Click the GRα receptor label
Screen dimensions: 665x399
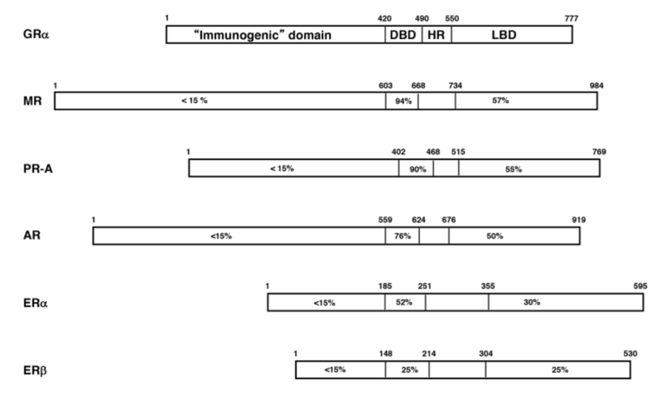click(x=36, y=34)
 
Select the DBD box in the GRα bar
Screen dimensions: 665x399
click(x=404, y=35)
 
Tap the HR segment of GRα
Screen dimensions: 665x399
click(x=436, y=35)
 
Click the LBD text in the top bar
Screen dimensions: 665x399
click(x=504, y=35)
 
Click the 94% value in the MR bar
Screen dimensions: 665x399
click(x=404, y=101)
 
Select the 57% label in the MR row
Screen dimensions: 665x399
click(x=500, y=100)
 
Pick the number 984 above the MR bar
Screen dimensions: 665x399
click(x=597, y=86)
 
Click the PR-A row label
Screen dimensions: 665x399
click(x=38, y=169)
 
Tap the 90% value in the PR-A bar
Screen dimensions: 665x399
click(x=417, y=169)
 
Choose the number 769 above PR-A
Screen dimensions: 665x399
click(x=599, y=151)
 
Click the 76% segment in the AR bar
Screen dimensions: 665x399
click(x=402, y=235)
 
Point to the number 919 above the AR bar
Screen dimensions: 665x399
click(x=578, y=220)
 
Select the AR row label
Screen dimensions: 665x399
click(x=32, y=235)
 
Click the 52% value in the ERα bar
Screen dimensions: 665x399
click(x=404, y=302)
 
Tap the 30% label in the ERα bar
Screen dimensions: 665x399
click(x=532, y=302)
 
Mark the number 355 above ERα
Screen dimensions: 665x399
click(x=487, y=286)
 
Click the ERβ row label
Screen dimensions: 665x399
click(x=35, y=370)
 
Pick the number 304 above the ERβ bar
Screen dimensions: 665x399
click(x=486, y=354)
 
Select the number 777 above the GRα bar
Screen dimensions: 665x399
click(x=571, y=19)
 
